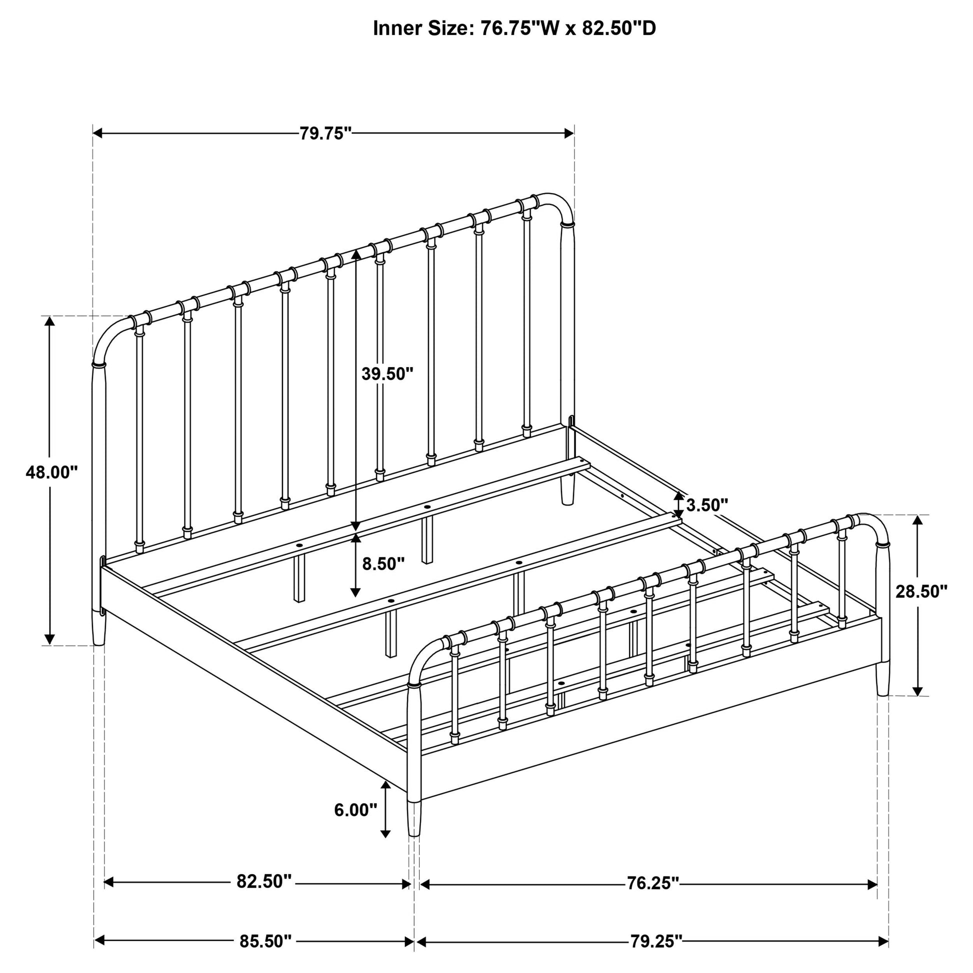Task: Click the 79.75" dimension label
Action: (325, 133)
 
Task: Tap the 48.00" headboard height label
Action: (52, 473)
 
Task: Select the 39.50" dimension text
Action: (387, 373)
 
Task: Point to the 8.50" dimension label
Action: (383, 563)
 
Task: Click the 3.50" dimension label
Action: (707, 504)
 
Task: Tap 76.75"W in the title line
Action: (518, 28)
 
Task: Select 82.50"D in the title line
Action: (619, 28)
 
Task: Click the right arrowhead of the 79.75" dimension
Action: (568, 133)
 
